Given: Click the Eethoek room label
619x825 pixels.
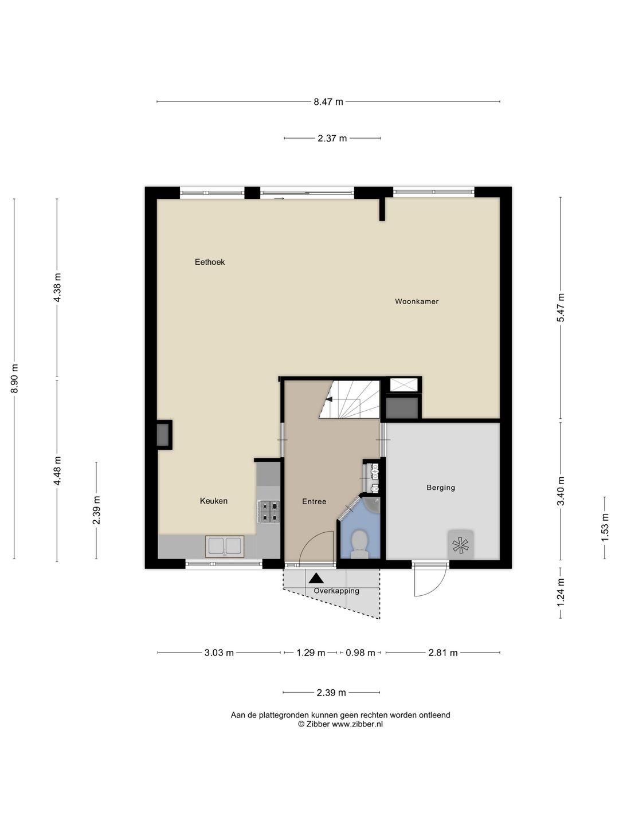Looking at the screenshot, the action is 210,262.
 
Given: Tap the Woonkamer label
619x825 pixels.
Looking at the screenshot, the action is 417,301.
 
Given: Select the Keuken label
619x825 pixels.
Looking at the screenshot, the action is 213,501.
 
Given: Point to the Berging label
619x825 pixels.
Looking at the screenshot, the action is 441,488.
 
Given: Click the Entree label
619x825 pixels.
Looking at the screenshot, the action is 314,501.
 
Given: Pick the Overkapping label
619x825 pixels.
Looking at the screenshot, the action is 336,591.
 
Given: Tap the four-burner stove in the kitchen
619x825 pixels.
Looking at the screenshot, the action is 269,512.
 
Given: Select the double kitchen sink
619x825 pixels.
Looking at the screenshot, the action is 224,547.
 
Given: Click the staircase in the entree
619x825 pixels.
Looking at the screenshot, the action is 350,399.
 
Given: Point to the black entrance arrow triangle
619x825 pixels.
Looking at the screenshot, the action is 316,578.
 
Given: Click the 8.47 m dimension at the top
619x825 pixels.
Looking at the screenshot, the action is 328,101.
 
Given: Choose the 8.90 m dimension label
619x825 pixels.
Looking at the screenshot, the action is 14,378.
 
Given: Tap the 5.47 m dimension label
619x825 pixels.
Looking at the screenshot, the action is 561,308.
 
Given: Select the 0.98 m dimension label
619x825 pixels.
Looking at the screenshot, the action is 360,653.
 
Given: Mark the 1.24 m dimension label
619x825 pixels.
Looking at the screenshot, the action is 561,603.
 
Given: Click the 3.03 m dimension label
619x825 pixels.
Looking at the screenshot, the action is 219,653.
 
